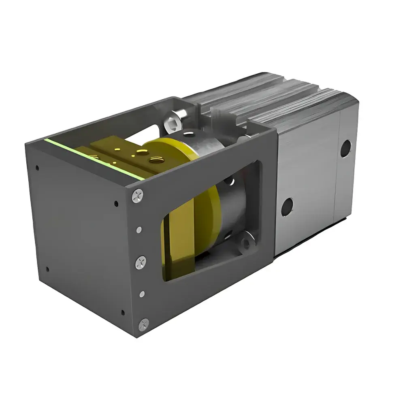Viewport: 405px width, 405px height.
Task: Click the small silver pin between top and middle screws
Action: point(139,230)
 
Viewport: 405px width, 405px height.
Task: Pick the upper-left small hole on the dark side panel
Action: point(37,168)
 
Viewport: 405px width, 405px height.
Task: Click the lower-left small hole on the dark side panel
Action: point(48,269)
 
